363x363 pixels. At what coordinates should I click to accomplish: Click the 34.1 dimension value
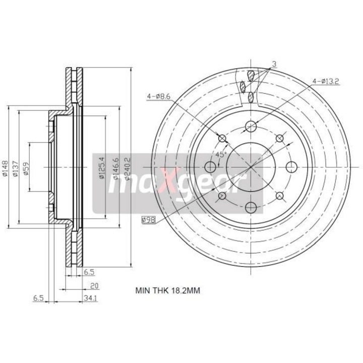click(x=91, y=298)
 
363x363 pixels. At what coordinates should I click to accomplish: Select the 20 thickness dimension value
click(x=94, y=285)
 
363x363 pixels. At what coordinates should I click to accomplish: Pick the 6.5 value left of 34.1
click(x=38, y=298)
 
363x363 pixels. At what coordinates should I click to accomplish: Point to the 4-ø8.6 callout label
click(x=157, y=96)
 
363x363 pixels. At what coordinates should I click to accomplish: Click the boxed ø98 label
click(x=148, y=219)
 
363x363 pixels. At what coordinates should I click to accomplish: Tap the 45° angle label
click(x=221, y=155)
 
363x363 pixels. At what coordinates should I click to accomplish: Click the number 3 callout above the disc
click(x=274, y=64)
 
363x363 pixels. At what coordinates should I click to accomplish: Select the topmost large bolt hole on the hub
click(x=251, y=127)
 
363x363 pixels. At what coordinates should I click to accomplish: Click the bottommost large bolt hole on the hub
click(x=251, y=207)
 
